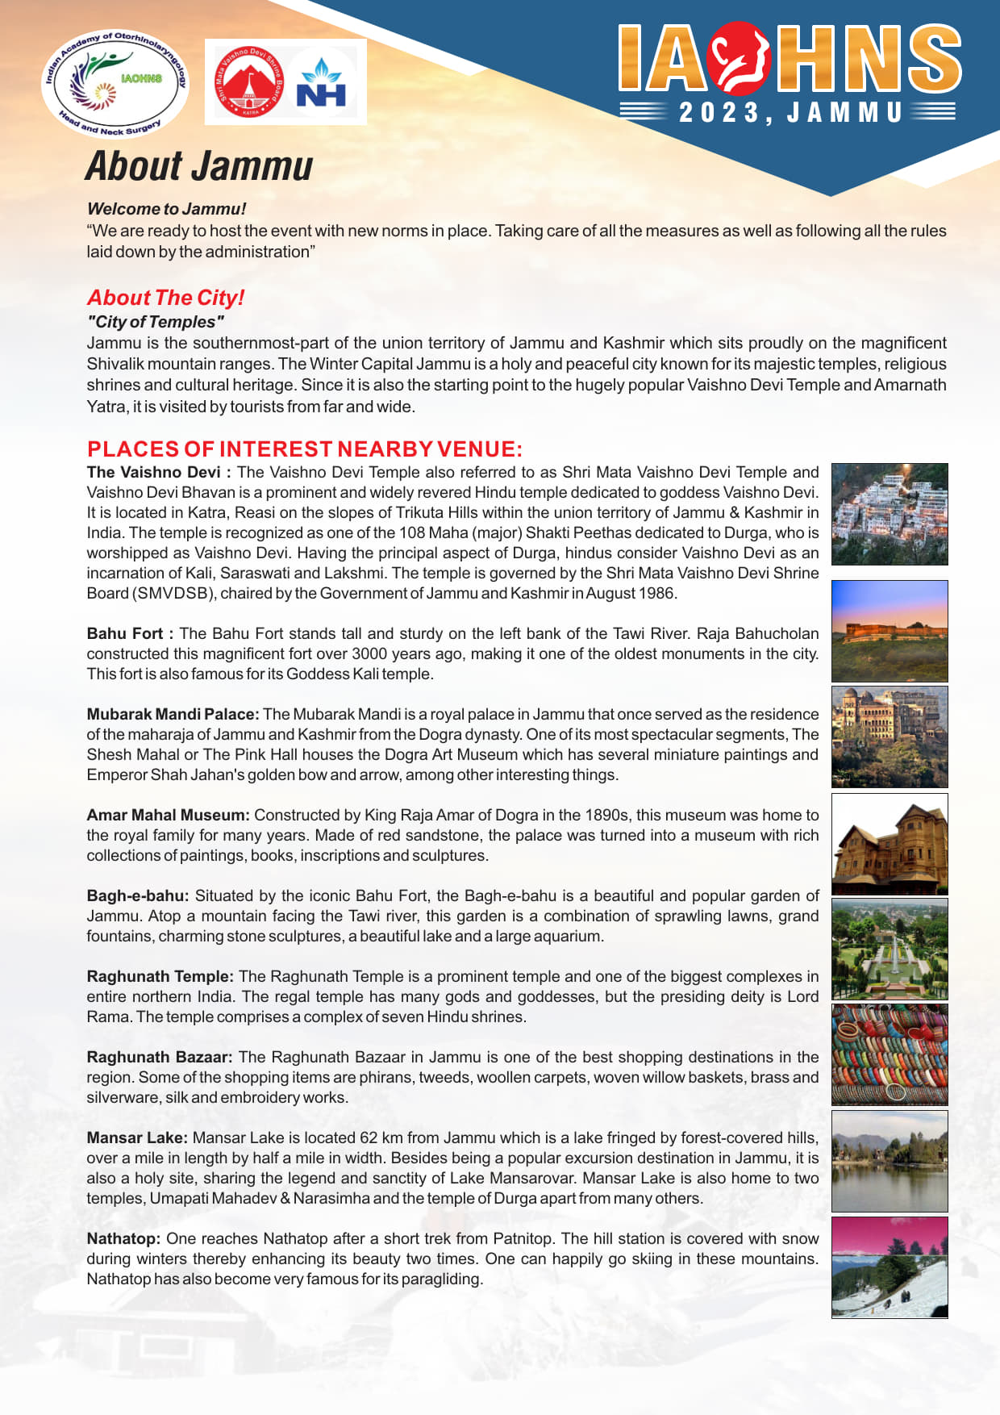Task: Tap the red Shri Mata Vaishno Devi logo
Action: click(x=249, y=81)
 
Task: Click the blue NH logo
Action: click(x=322, y=83)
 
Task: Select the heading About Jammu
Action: click(x=199, y=166)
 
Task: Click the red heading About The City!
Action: click(x=165, y=298)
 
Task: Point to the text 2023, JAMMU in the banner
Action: click(x=790, y=113)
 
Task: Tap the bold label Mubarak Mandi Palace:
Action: click(x=173, y=714)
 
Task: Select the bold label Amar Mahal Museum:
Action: click(x=168, y=815)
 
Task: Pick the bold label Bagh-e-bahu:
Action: click(x=138, y=895)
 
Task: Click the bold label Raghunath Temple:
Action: click(x=160, y=976)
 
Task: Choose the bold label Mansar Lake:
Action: click(x=137, y=1137)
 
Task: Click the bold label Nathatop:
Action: click(x=123, y=1238)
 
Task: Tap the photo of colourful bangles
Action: click(x=890, y=1054)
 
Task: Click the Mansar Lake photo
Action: click(x=890, y=1161)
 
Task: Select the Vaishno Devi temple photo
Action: click(x=890, y=514)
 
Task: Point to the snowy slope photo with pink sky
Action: click(x=890, y=1267)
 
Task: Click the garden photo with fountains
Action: click(x=890, y=950)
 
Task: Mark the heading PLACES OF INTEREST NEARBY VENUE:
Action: click(x=305, y=449)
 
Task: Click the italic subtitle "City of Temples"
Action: click(x=156, y=322)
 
